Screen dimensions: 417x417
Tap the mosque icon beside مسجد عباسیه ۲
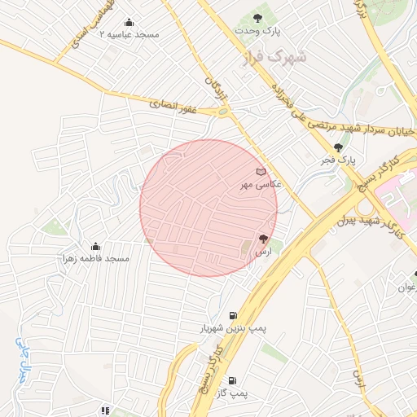coord(129,23)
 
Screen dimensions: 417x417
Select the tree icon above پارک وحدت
coord(258,18)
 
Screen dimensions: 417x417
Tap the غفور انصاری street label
coord(174,104)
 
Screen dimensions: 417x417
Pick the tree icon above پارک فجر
coord(339,147)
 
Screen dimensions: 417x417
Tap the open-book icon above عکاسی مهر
coord(261,172)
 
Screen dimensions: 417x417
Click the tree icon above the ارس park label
coord(262,239)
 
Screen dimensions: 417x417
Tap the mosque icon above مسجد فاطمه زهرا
coord(95,246)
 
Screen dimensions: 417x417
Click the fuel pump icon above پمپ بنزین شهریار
coord(234,315)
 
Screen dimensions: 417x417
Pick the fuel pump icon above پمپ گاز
coord(233,380)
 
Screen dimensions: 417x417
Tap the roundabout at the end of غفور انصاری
coord(222,112)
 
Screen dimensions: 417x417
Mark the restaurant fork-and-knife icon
coord(104,410)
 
